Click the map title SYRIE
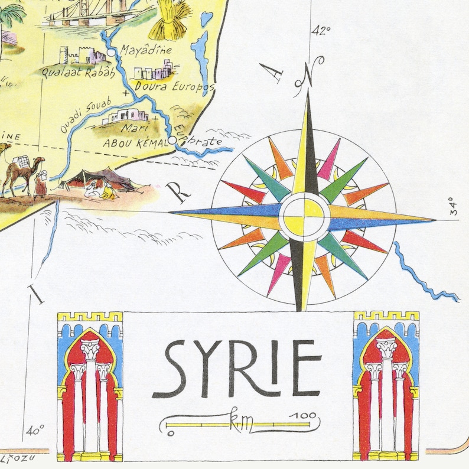tap(242, 369)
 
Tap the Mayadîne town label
tap(146, 51)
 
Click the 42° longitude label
tap(322, 31)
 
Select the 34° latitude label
tap(453, 205)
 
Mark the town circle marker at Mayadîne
tap(110, 54)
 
